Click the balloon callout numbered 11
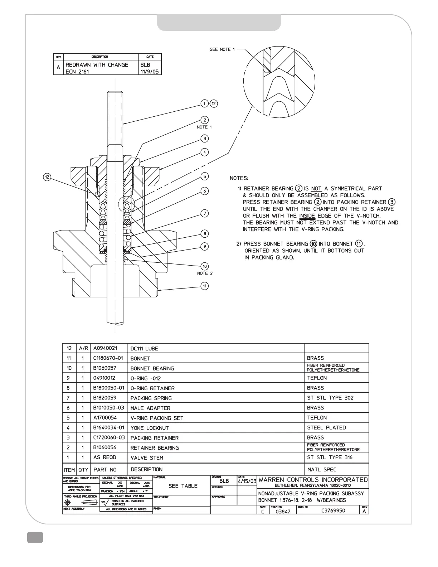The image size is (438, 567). [204, 286]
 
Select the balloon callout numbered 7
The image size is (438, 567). [204, 213]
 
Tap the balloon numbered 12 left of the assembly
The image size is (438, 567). [47, 177]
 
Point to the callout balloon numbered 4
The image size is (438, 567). [204, 152]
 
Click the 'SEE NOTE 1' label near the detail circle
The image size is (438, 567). [222, 49]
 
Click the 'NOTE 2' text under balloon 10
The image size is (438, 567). [205, 273]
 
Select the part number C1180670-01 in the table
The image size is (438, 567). [108, 358]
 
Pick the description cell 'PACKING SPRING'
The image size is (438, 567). [151, 398]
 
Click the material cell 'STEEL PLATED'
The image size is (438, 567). [326, 427]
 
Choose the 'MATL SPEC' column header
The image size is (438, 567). [322, 469]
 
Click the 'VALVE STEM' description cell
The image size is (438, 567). [147, 457]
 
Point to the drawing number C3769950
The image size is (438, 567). [333, 510]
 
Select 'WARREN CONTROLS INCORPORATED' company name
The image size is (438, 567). [313, 480]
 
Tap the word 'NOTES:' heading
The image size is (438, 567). [239, 178]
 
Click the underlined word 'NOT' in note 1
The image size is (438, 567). [316, 189]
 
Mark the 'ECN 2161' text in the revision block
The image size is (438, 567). [77, 72]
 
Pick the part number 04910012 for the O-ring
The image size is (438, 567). [104, 378]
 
